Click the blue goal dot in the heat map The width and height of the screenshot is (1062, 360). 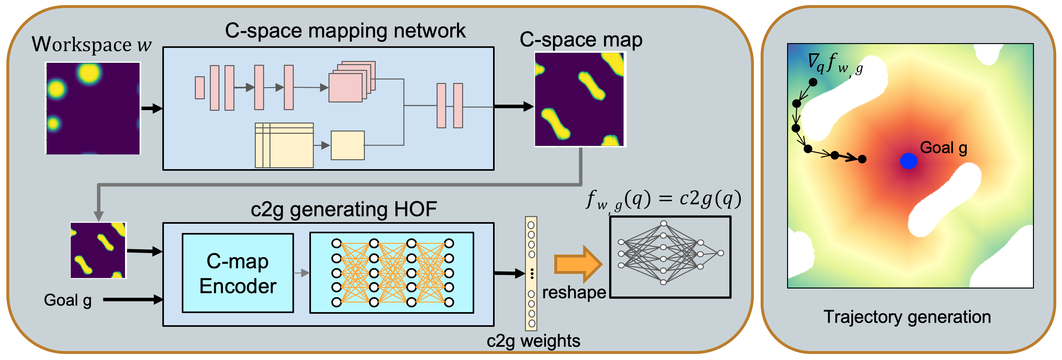[x=908, y=161]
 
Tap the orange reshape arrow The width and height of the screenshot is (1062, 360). [x=578, y=264]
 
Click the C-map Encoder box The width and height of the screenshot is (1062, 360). [x=238, y=273]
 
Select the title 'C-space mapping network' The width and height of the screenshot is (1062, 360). [x=345, y=31]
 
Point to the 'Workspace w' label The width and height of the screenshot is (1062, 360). [x=92, y=44]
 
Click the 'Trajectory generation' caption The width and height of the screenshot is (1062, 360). [x=907, y=317]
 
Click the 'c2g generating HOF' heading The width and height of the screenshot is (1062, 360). [x=344, y=209]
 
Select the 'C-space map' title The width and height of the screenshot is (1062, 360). [x=581, y=40]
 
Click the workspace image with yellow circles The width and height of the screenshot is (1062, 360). [x=93, y=109]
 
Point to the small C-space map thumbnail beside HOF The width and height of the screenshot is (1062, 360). [x=98, y=250]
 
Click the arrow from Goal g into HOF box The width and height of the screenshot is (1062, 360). [x=133, y=300]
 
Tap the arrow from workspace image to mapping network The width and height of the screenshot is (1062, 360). [x=152, y=109]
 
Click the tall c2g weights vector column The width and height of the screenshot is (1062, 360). [x=531, y=274]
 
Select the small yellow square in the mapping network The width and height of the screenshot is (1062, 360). [x=348, y=145]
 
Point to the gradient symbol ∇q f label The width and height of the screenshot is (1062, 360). [x=835, y=64]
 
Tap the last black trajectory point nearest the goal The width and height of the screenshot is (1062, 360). [x=862, y=159]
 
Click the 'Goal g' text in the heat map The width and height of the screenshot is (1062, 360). [x=944, y=148]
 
